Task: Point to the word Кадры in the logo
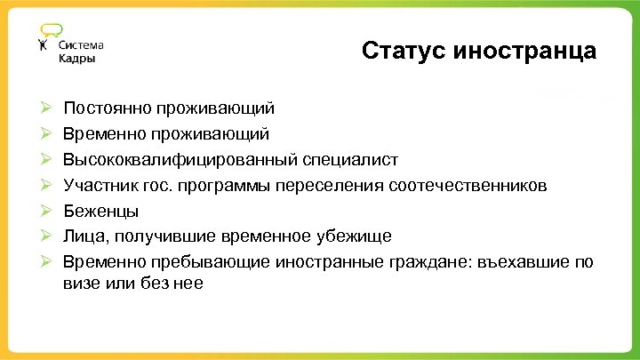click(x=77, y=59)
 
